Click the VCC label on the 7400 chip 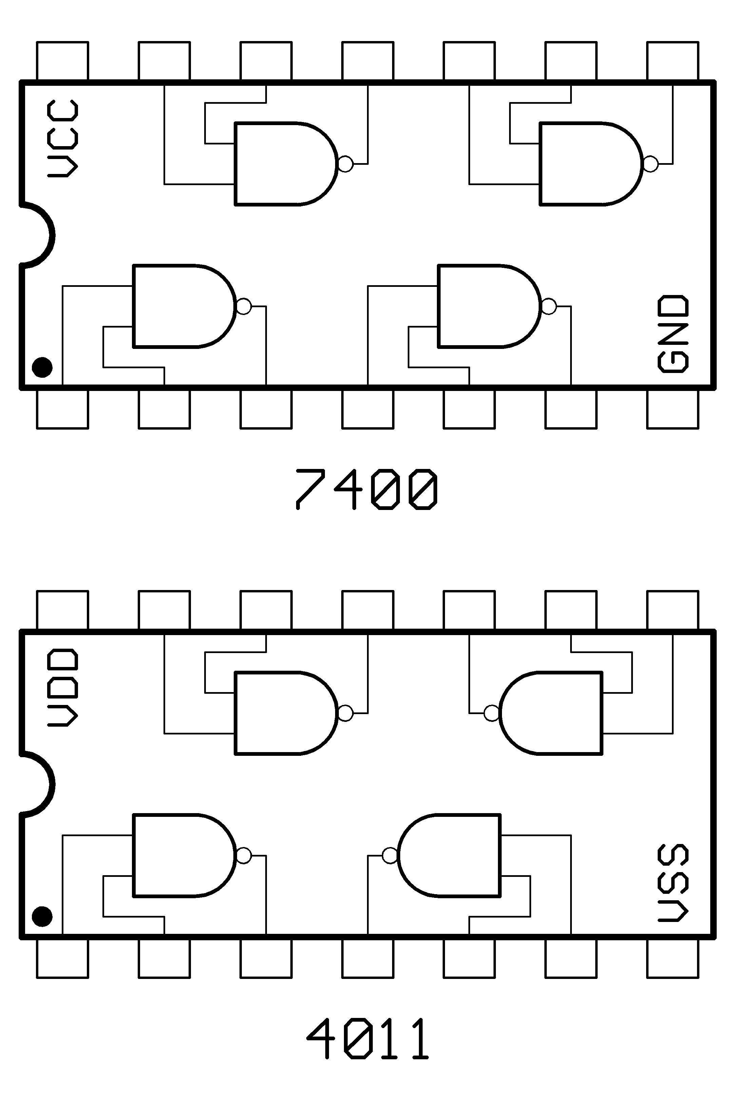[x=62, y=139]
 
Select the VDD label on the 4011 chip [x=62, y=687]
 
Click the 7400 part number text [x=367, y=490]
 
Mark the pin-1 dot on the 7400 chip [x=42, y=367]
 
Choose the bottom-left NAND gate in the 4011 [x=183, y=856]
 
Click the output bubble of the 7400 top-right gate [x=651, y=164]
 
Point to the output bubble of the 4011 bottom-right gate [x=389, y=856]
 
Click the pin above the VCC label [x=62, y=61]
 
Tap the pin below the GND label [x=673, y=409]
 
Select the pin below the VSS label [x=673, y=958]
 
